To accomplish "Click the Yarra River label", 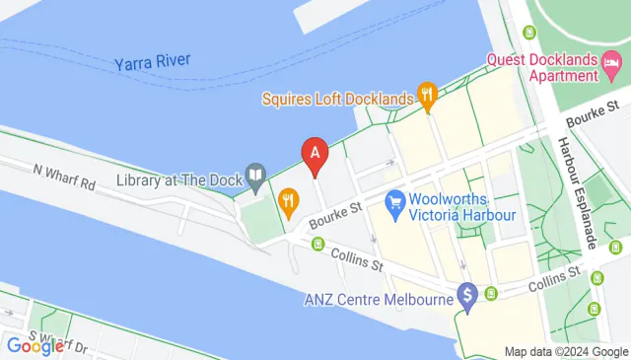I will [x=152, y=61].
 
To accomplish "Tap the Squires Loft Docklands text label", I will [x=336, y=99].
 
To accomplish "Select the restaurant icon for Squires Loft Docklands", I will [x=427, y=97].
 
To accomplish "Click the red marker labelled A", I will [x=315, y=155].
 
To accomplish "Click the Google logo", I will [x=35, y=345].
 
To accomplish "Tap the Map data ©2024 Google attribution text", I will [x=565, y=352].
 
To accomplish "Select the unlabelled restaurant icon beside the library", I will [x=288, y=204].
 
